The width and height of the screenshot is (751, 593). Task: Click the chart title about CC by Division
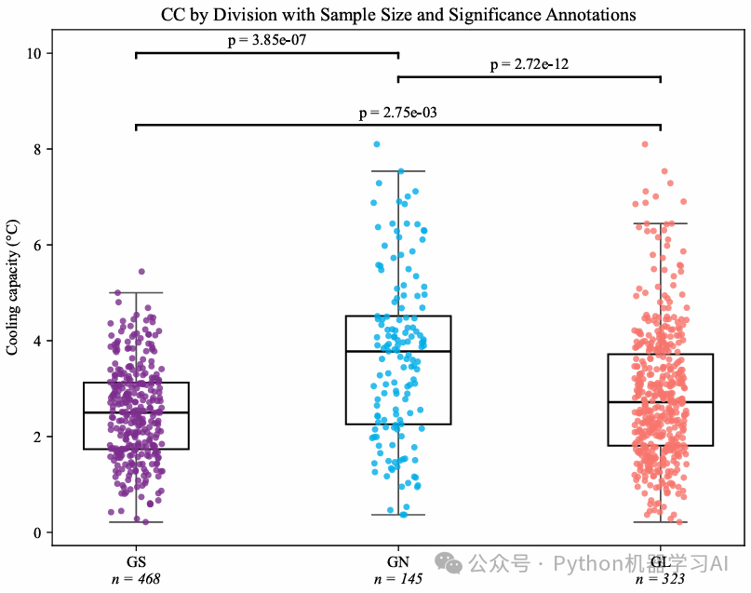click(398, 15)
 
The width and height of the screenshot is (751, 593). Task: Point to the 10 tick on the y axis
click(37, 53)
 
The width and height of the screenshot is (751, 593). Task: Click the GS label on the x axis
click(136, 562)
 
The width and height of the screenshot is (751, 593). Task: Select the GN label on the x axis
click(398, 562)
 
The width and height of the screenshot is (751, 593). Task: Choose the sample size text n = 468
click(136, 579)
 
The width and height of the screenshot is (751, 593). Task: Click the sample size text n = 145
click(398, 579)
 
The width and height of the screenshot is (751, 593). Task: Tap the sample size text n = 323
click(660, 579)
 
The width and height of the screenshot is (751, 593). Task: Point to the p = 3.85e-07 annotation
click(267, 41)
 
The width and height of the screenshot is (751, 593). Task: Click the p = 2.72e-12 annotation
click(530, 65)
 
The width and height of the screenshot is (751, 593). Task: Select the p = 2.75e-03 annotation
click(398, 113)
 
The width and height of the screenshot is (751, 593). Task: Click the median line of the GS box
click(136, 412)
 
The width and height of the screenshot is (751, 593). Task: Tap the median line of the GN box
click(398, 351)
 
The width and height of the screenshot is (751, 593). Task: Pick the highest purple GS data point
click(141, 272)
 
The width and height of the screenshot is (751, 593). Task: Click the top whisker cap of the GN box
click(398, 171)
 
